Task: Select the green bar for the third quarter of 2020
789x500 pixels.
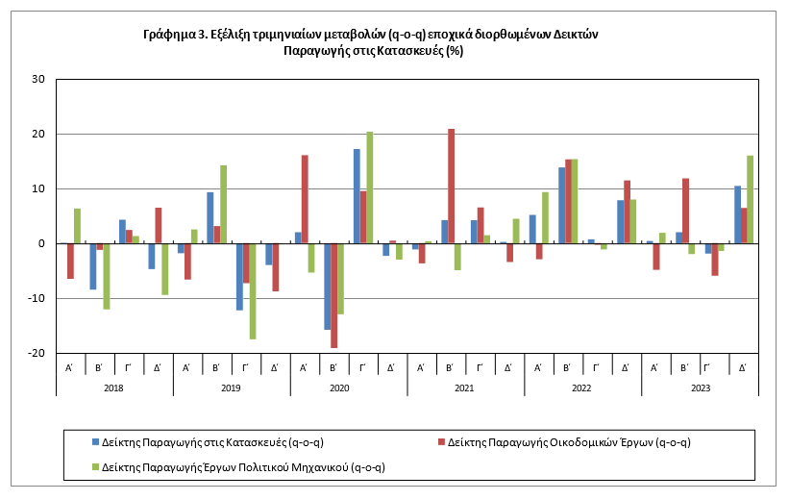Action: [x=370, y=188]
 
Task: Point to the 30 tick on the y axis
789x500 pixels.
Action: [x=39, y=80]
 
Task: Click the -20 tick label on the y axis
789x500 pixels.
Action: [x=37, y=354]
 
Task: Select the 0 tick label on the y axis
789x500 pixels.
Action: [x=42, y=244]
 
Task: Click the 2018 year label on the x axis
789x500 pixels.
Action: [x=113, y=387]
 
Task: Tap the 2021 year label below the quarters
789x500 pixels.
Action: [x=464, y=387]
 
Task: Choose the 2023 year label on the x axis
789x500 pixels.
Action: [x=699, y=387]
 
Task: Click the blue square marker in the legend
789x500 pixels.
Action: [x=95, y=442]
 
